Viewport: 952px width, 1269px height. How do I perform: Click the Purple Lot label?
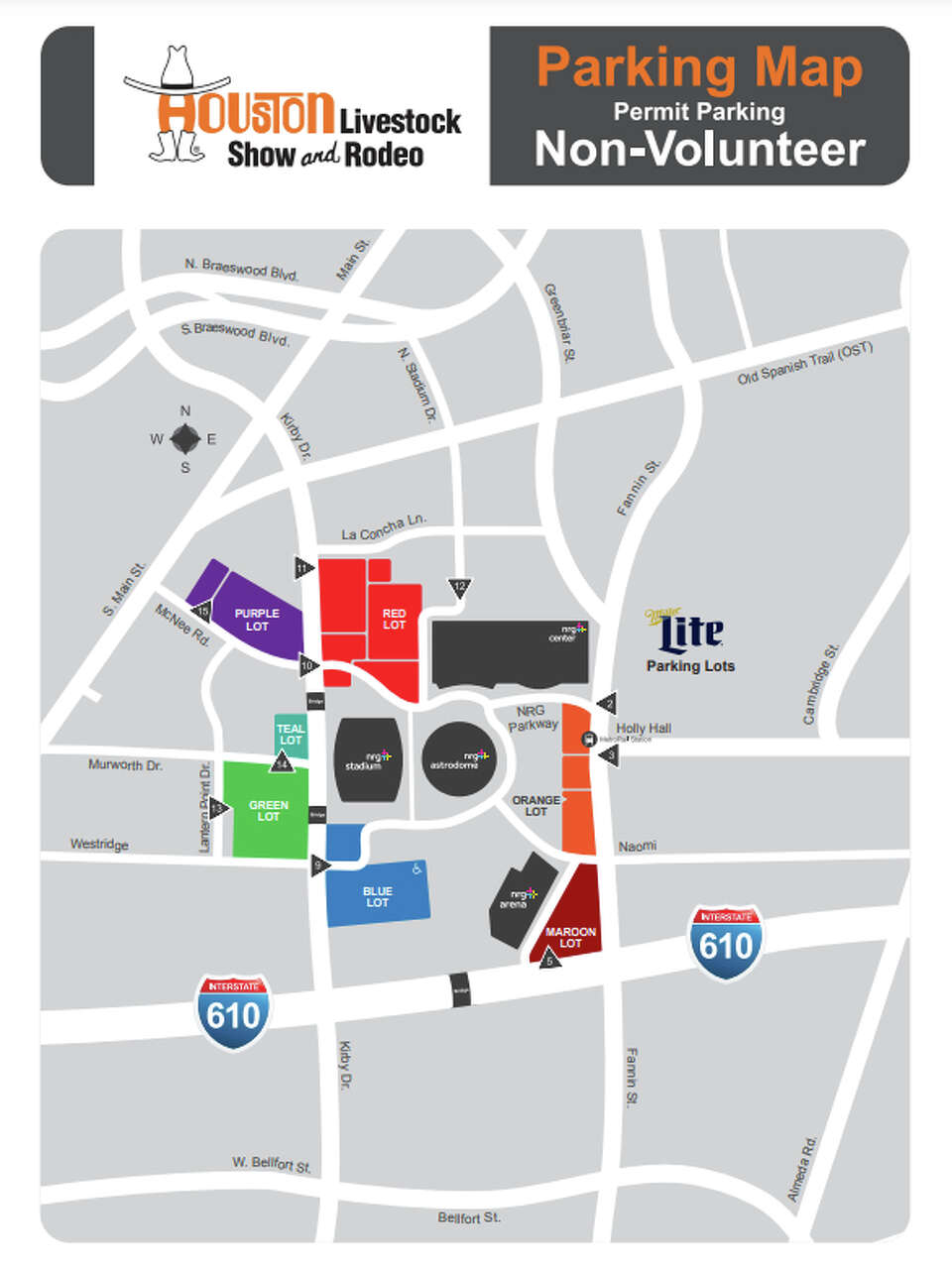257,620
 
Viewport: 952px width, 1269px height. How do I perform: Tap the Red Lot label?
394,620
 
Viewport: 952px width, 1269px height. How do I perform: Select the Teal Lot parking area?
291,735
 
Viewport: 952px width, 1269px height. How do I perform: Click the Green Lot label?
269,811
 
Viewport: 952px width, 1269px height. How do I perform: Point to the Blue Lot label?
377,897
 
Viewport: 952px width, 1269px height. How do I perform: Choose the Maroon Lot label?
570,937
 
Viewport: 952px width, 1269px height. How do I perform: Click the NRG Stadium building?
369,759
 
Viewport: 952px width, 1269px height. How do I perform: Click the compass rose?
184,438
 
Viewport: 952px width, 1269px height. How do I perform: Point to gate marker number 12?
459,588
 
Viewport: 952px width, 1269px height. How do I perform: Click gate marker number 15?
203,612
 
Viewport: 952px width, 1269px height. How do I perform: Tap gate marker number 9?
318,865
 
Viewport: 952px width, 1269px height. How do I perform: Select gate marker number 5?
548,960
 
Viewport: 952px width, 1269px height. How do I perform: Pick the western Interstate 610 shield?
234,1011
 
